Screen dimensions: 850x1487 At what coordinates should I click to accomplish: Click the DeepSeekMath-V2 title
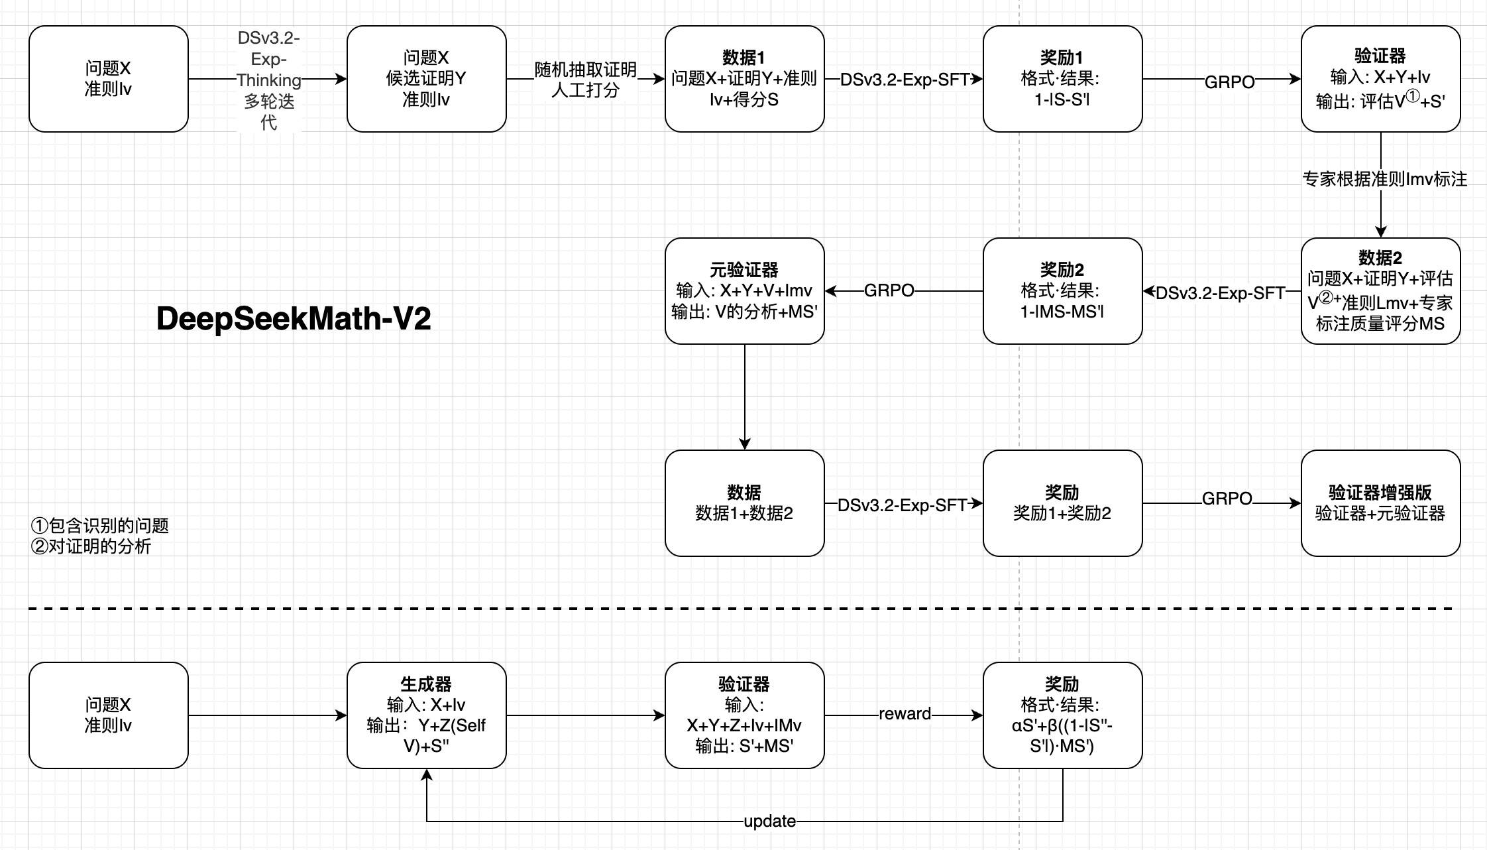pyautogui.click(x=294, y=319)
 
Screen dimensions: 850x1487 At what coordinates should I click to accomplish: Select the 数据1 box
pyautogui.click(x=744, y=79)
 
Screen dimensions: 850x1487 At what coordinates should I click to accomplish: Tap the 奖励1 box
pyautogui.click(x=1062, y=79)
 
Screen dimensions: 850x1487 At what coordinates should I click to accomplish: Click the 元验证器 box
pyautogui.click(x=744, y=291)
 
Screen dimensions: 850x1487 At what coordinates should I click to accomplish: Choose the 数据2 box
pyautogui.click(x=1380, y=291)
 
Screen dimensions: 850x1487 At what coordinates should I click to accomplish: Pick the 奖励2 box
pyautogui.click(x=1062, y=291)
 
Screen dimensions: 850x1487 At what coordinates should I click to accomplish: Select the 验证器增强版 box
pyautogui.click(x=1380, y=503)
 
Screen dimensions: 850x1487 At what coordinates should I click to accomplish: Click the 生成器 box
pyautogui.click(x=426, y=715)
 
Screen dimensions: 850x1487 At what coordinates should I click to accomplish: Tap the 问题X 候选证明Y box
pyautogui.click(x=426, y=79)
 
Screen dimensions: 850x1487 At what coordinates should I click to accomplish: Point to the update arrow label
pyautogui.click(x=769, y=821)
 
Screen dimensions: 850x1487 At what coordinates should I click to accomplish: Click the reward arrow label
pyautogui.click(x=905, y=714)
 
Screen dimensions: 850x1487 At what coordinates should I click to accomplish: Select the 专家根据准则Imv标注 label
pyautogui.click(x=1384, y=179)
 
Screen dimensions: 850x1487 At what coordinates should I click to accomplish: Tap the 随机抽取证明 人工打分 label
pyautogui.click(x=585, y=80)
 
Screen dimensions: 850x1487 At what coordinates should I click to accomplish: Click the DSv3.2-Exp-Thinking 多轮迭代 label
pyautogui.click(x=268, y=80)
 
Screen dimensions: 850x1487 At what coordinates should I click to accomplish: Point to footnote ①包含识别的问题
pyautogui.click(x=100, y=526)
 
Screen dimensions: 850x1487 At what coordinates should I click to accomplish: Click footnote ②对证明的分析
pyautogui.click(x=91, y=546)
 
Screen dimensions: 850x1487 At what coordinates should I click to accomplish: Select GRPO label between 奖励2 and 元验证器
pyautogui.click(x=889, y=290)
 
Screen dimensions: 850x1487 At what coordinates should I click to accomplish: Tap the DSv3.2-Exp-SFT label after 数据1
pyautogui.click(x=905, y=80)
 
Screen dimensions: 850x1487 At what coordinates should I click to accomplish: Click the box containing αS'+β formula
pyautogui.click(x=1062, y=715)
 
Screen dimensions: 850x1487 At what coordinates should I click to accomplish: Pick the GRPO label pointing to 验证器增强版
pyautogui.click(x=1227, y=499)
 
